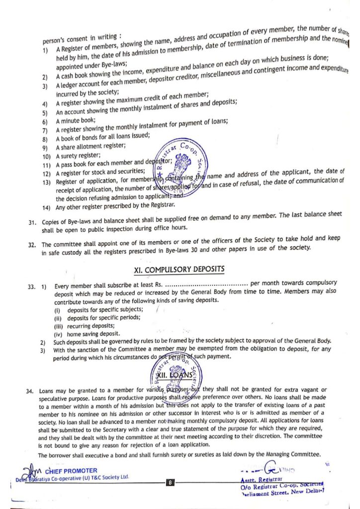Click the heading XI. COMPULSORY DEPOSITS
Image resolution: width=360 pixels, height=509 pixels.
(x=179, y=269)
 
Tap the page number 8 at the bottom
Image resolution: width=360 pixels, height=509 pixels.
(x=170, y=482)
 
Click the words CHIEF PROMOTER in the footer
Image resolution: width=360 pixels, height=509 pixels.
(x=71, y=470)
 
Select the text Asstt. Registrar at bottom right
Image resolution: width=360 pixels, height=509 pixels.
(x=262, y=480)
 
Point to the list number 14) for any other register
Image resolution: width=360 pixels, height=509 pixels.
(x=46, y=207)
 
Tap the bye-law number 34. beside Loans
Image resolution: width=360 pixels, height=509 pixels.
(x=30, y=391)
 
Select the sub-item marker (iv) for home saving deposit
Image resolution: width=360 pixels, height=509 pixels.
(x=58, y=334)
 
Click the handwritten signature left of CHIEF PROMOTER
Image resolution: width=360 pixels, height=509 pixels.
(x=31, y=470)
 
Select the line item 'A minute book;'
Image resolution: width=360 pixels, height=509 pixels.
(x=76, y=121)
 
